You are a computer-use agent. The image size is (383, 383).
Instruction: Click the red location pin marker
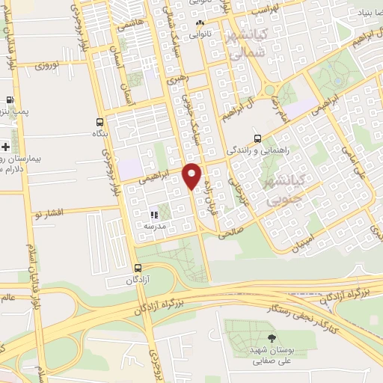[192, 176]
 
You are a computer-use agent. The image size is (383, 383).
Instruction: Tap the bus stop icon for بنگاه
[100, 122]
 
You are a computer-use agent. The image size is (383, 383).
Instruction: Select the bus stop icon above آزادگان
[137, 268]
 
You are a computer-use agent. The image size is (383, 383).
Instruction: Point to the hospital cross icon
[6, 146]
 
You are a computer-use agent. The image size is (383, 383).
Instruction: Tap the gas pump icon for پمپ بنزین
[10, 99]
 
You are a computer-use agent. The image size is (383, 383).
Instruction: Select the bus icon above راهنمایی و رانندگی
[257, 138]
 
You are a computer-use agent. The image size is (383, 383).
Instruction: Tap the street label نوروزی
[52, 64]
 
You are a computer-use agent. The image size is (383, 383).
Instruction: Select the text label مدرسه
[154, 225]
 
